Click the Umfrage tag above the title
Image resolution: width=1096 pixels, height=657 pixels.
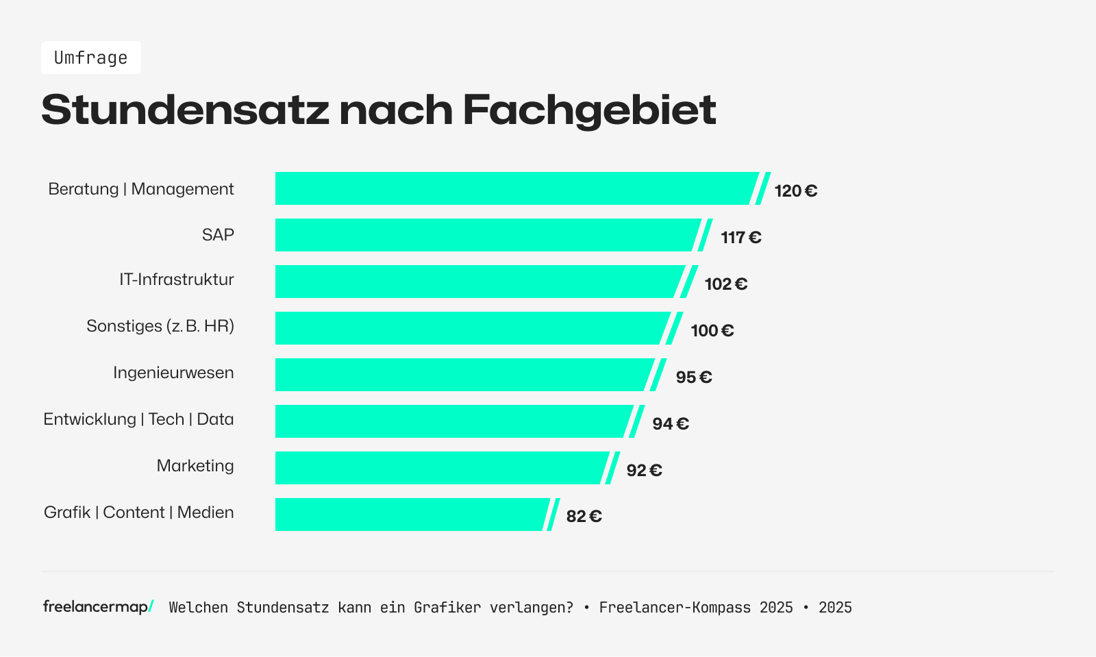90,58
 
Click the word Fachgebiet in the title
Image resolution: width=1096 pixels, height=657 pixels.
589,110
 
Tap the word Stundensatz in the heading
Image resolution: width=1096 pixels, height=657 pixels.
185,110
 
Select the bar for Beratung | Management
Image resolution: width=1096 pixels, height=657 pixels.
514,188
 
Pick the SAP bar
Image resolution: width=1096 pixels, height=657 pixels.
486,235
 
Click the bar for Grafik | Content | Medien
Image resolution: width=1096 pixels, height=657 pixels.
411,515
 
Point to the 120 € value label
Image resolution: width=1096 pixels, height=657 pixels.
795,191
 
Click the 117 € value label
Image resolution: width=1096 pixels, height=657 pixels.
740,238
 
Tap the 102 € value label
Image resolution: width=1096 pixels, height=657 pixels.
725,284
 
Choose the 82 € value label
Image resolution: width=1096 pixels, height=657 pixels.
584,517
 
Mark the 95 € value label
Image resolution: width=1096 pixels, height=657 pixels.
693,377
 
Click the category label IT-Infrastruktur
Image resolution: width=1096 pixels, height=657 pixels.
176,280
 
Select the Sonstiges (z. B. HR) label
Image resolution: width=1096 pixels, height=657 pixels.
160,326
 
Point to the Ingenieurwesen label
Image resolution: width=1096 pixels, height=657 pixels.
173,373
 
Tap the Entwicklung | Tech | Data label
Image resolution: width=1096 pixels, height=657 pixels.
138,419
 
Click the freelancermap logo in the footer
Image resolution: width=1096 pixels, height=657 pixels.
98,607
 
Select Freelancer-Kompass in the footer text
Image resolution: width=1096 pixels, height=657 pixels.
675,608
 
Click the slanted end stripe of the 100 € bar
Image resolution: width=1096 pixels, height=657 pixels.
675,328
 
